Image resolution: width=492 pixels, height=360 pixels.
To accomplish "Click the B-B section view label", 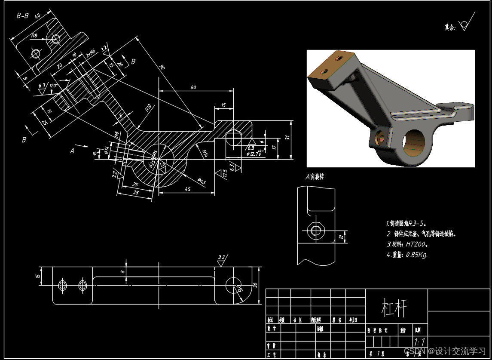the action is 23,16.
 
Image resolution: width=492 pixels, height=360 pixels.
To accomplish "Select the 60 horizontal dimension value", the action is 193,87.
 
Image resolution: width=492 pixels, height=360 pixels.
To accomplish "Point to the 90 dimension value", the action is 162,68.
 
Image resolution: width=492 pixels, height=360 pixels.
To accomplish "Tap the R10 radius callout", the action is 148,107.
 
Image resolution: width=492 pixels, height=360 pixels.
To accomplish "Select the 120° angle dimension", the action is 54,85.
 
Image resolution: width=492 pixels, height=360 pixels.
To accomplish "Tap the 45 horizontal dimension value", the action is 188,189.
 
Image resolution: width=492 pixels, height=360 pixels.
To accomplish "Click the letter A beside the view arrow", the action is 72,151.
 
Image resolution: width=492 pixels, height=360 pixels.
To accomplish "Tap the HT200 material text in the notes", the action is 417,244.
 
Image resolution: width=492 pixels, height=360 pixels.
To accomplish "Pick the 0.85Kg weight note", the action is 416,255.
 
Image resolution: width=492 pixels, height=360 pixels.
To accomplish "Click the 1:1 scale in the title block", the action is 419,342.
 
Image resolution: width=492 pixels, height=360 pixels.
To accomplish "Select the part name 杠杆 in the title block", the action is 394,308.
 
